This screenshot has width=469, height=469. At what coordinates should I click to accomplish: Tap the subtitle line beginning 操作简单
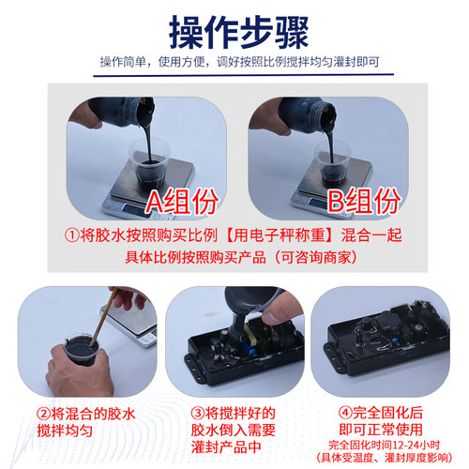coord(234,63)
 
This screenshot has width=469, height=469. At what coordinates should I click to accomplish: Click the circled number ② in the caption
coord(44,413)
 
